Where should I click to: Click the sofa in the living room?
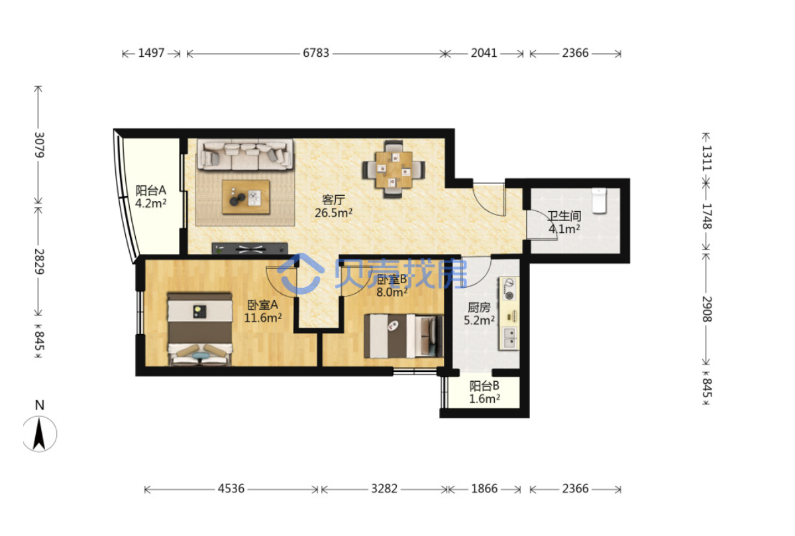tap(245, 155)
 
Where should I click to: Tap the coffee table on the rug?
tap(246, 197)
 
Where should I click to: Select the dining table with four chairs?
tap(394, 169)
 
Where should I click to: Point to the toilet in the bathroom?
tap(599, 201)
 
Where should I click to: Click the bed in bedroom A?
tap(200, 329)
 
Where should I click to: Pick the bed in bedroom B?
tap(403, 335)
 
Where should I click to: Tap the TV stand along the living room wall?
tap(250, 248)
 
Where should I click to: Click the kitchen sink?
tap(509, 338)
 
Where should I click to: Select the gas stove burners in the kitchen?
tap(509, 289)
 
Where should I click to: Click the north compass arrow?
tap(39, 434)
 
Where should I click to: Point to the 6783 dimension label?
tap(316, 53)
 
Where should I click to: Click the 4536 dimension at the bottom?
tap(231, 489)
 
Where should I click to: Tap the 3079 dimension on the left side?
tap(39, 145)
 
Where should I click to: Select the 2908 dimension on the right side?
tap(707, 309)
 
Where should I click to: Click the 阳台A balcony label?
tap(150, 191)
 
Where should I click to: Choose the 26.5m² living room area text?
tap(334, 212)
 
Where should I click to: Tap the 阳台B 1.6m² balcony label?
tap(484, 392)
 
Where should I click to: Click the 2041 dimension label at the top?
tap(484, 53)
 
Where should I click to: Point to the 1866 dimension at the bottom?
tap(484, 489)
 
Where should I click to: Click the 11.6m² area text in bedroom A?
tap(263, 317)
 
